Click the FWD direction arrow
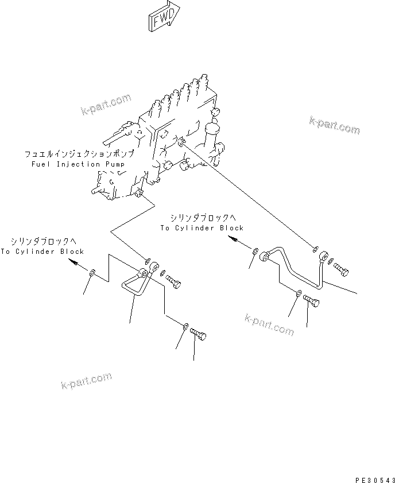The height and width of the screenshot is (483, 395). click(164, 16)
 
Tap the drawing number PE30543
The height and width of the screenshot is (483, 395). click(375, 480)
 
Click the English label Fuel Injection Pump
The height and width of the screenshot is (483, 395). click(78, 164)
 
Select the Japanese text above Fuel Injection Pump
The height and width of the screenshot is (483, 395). click(79, 154)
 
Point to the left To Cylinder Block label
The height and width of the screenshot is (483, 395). click(42, 252)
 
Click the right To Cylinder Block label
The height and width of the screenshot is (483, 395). click(202, 228)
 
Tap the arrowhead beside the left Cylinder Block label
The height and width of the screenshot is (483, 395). click(73, 262)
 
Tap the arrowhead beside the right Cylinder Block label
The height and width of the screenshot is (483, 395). click(233, 239)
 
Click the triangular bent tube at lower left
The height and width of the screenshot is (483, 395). click(135, 282)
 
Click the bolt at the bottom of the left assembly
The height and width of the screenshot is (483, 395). click(198, 334)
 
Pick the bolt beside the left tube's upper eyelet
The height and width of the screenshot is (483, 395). click(173, 281)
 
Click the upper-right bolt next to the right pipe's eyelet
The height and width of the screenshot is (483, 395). click(340, 270)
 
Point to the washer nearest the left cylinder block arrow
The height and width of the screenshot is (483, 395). click(92, 273)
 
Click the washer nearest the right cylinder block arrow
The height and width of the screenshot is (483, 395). click(255, 252)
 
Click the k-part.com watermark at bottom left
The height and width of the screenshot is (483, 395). click(87, 381)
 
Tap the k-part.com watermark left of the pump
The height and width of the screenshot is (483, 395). click(106, 105)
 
